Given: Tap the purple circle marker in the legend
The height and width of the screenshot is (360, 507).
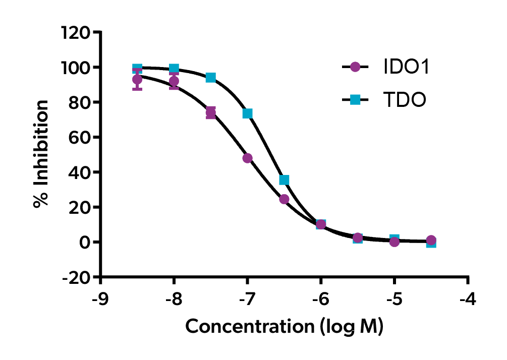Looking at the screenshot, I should (x=355, y=67).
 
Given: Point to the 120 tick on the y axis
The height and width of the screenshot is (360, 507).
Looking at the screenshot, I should (x=76, y=33).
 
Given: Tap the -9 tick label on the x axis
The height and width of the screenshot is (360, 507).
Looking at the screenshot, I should (x=101, y=298).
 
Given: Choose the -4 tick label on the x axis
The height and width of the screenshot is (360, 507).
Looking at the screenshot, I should (x=468, y=298).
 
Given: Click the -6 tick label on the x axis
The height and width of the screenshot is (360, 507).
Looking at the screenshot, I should (x=321, y=298).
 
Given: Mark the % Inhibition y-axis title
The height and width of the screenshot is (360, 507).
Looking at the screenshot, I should (x=41, y=154).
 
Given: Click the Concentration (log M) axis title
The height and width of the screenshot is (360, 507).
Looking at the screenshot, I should (x=285, y=326).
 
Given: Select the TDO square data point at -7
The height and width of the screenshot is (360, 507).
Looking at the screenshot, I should (x=247, y=113).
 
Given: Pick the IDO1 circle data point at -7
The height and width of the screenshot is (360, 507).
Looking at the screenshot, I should (x=247, y=158).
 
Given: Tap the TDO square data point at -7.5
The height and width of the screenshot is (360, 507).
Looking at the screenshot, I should (x=211, y=78).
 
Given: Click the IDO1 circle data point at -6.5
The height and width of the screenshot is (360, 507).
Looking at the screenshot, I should (x=284, y=199).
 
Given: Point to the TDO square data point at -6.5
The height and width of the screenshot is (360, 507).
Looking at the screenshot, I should (x=284, y=180).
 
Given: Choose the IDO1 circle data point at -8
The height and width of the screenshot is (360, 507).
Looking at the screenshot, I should (x=174, y=81).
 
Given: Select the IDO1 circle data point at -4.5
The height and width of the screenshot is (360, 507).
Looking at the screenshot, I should (x=431, y=240).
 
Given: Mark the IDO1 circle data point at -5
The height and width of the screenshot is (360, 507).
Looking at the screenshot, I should (x=395, y=242).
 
